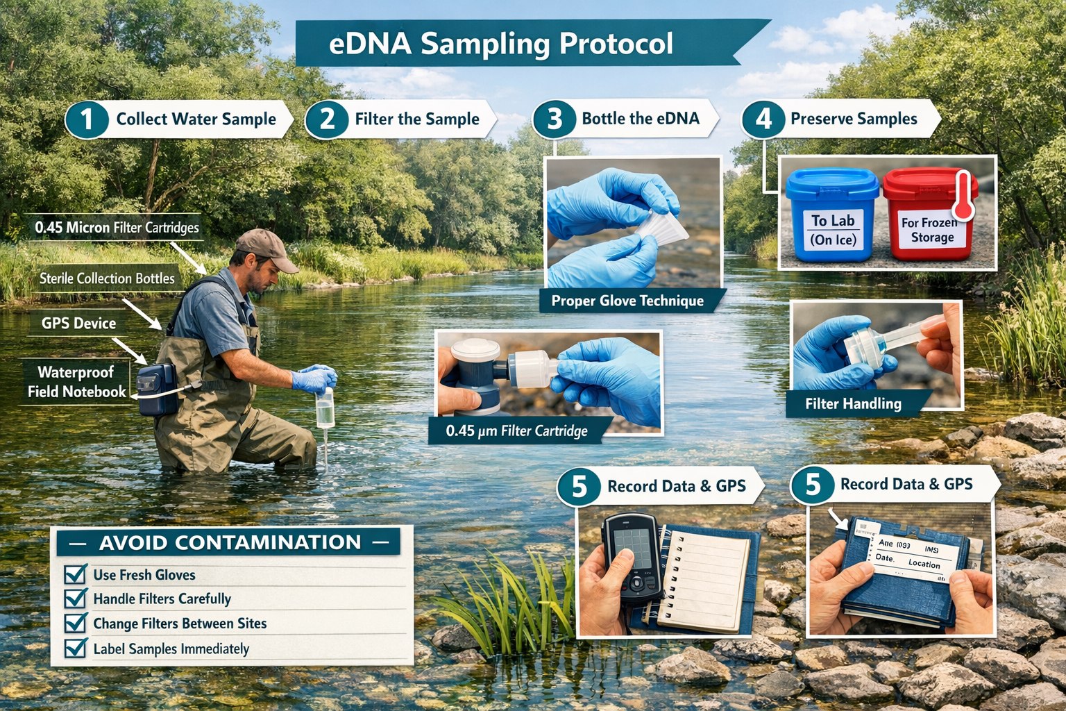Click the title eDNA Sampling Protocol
click(x=500, y=43)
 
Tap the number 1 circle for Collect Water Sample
click(x=87, y=119)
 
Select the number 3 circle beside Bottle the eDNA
click(x=554, y=119)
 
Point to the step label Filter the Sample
click(x=416, y=119)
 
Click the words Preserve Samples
click(x=853, y=119)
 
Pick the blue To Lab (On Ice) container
click(x=832, y=215)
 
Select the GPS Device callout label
click(x=78, y=324)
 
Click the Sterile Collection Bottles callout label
click(x=107, y=278)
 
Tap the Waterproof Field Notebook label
click(x=76, y=382)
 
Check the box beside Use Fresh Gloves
click(x=74, y=575)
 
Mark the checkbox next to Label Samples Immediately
click(x=74, y=649)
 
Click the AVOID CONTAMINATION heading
click(x=229, y=542)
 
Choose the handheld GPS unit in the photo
click(x=631, y=555)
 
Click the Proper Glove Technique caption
click(x=627, y=301)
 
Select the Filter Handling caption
click(x=852, y=404)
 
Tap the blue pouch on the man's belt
click(x=157, y=390)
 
